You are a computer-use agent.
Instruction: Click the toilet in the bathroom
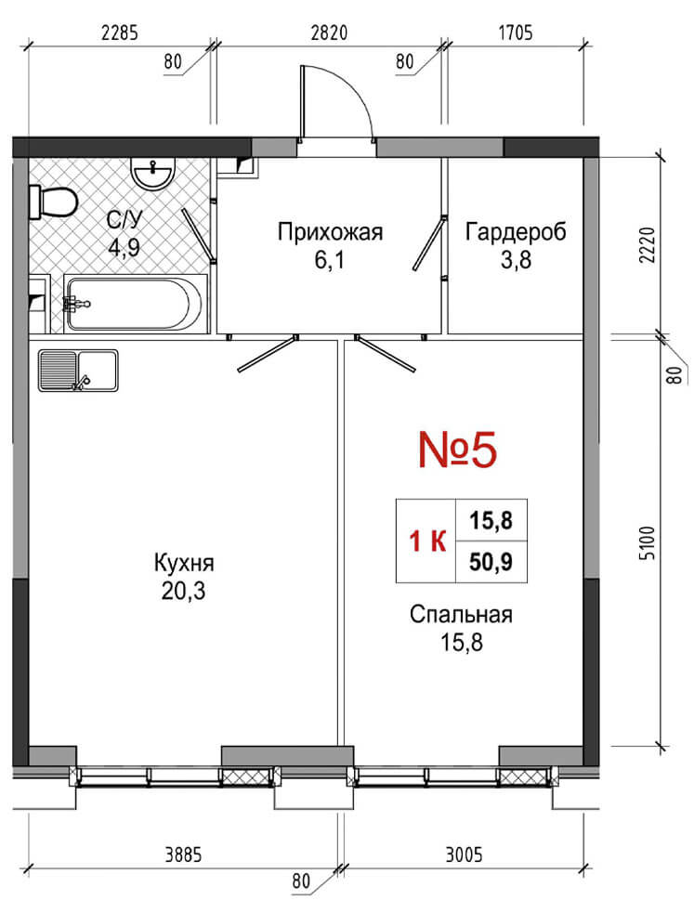point(53,202)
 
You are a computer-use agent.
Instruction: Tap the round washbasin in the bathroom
point(152,174)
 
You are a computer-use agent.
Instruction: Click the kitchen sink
point(78,371)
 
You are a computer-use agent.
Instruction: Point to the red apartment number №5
point(458,450)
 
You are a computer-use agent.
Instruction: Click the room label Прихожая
point(330,232)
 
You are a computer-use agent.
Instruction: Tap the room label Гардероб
point(516,232)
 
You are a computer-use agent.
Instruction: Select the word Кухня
point(184,563)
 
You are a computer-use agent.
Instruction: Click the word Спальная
point(461,615)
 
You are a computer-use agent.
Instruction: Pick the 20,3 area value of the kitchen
point(183,592)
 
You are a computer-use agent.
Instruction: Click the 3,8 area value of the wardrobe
point(516,260)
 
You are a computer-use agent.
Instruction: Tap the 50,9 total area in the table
point(491,562)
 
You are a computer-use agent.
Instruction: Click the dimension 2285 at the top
point(120,33)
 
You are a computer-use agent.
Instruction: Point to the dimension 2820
point(329,33)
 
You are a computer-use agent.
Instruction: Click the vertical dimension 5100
point(647,543)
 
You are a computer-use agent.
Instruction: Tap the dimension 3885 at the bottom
point(183,854)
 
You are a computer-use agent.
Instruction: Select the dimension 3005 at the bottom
point(464,854)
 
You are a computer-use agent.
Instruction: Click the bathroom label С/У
point(124,219)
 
